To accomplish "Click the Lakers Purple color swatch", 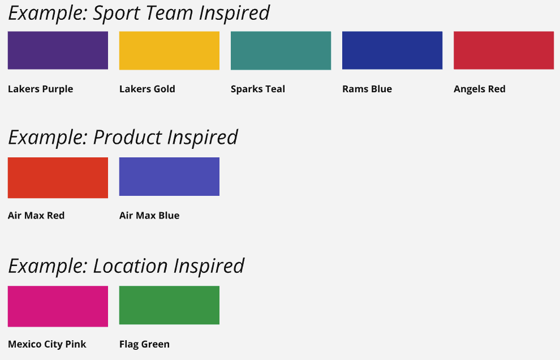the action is pyautogui.click(x=58, y=50).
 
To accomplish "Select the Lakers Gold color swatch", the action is pyautogui.click(x=169, y=50).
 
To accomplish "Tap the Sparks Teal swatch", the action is pyautogui.click(x=281, y=50).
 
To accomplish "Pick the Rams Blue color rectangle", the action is pyautogui.click(x=392, y=50).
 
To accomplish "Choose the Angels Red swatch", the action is pyautogui.click(x=503, y=50).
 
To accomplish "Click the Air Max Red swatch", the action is pyautogui.click(x=58, y=178).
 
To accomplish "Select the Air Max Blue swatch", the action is pyautogui.click(x=169, y=177).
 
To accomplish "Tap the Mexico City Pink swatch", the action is pyautogui.click(x=58, y=306).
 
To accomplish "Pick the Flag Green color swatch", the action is pyautogui.click(x=169, y=305).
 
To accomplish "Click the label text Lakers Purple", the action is pyautogui.click(x=40, y=89).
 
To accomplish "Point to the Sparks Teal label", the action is pyautogui.click(x=258, y=89).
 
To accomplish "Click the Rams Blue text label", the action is pyautogui.click(x=367, y=89).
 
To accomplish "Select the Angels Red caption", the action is pyautogui.click(x=480, y=89).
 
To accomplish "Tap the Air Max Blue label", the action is pyautogui.click(x=149, y=216).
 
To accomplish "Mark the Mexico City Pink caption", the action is pyautogui.click(x=47, y=344).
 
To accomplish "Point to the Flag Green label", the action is pyautogui.click(x=144, y=344).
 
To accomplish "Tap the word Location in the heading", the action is pyautogui.click(x=130, y=266).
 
